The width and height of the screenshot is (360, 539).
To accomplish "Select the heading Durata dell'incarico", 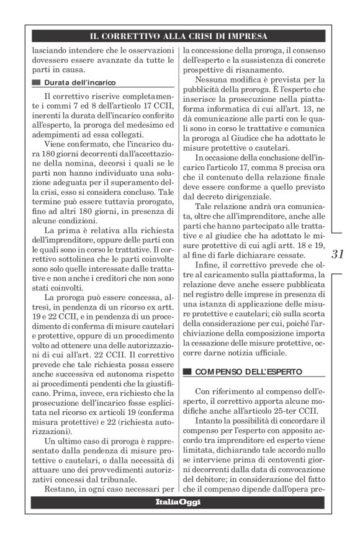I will click(79, 82).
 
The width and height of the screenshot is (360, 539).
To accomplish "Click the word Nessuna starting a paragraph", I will click(213, 80).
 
